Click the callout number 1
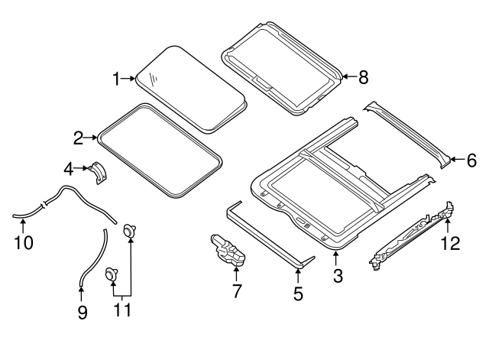(x=116, y=79)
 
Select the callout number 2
(x=78, y=138)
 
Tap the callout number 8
(x=364, y=77)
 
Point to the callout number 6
(x=471, y=161)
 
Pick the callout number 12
(x=450, y=243)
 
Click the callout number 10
(x=24, y=242)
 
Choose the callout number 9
(x=83, y=313)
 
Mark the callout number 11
(x=122, y=310)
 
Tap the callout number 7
(x=237, y=291)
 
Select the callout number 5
(x=299, y=294)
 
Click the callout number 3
(x=338, y=276)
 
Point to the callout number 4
(x=69, y=170)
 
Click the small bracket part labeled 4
(x=98, y=174)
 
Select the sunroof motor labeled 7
(x=228, y=250)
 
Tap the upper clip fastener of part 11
(x=129, y=231)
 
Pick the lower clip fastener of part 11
(x=111, y=274)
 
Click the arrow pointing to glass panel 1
(x=128, y=79)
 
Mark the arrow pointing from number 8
(x=350, y=76)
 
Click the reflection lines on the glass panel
(x=154, y=79)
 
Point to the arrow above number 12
(x=448, y=225)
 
